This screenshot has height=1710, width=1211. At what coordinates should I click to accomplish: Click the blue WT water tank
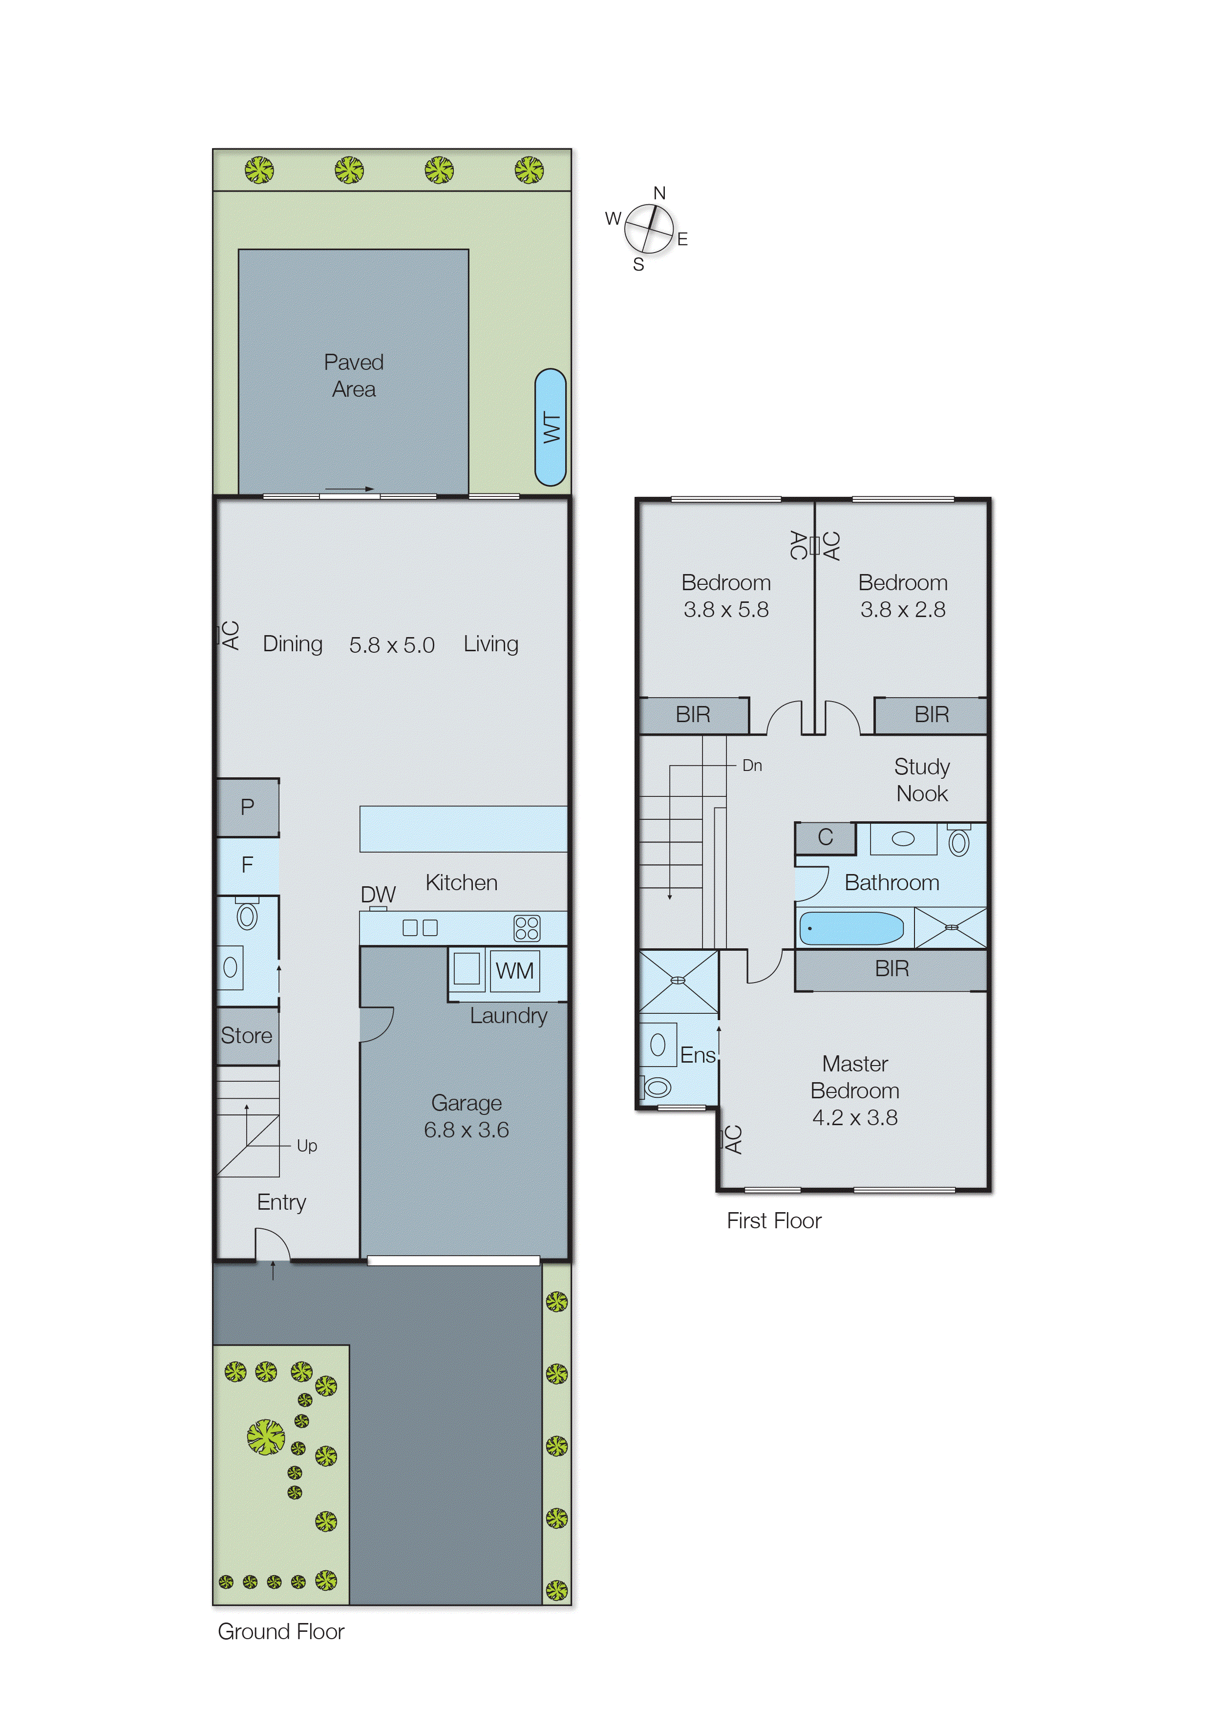point(551,427)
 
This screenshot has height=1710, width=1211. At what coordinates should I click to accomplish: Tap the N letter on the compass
point(659,193)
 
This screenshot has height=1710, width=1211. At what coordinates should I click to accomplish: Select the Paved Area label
point(354,375)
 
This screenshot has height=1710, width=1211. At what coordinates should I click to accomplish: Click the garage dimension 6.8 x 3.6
point(466,1130)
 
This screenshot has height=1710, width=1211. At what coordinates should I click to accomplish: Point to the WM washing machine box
point(514,970)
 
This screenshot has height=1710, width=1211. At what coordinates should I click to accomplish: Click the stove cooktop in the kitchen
point(527,928)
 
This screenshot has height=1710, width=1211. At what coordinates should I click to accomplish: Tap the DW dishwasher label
point(378,894)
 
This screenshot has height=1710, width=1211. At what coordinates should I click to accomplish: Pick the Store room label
point(246,1035)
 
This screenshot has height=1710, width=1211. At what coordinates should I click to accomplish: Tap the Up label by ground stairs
point(306,1146)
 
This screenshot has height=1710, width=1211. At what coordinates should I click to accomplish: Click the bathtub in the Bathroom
point(851,928)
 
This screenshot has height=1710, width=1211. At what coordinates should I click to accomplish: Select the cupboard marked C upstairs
point(825,837)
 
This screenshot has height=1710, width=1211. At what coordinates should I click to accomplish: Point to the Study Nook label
point(922,780)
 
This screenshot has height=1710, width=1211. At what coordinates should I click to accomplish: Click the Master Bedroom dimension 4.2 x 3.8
point(854,1117)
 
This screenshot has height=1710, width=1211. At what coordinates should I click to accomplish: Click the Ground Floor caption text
point(280,1632)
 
